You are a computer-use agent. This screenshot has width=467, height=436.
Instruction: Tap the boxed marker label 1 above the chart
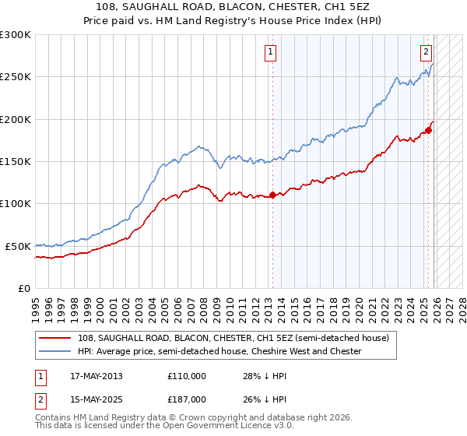pyautogui.click(x=270, y=52)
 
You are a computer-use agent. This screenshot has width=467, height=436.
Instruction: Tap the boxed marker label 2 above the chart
pyautogui.click(x=427, y=52)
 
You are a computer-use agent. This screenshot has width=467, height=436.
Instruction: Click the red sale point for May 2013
pyautogui.click(x=272, y=195)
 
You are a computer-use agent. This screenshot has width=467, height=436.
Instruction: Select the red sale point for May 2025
pyautogui.click(x=428, y=130)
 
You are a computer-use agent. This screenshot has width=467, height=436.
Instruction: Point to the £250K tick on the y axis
pyautogui.click(x=16, y=77)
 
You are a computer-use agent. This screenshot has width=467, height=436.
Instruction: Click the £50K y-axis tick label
pyautogui.click(x=18, y=246)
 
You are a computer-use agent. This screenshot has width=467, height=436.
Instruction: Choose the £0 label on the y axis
pyautogui.click(x=25, y=288)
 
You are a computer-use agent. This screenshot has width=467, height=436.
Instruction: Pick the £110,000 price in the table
pyautogui.click(x=186, y=375)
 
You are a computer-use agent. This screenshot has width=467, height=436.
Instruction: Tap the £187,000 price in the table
pyautogui.click(x=186, y=399)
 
